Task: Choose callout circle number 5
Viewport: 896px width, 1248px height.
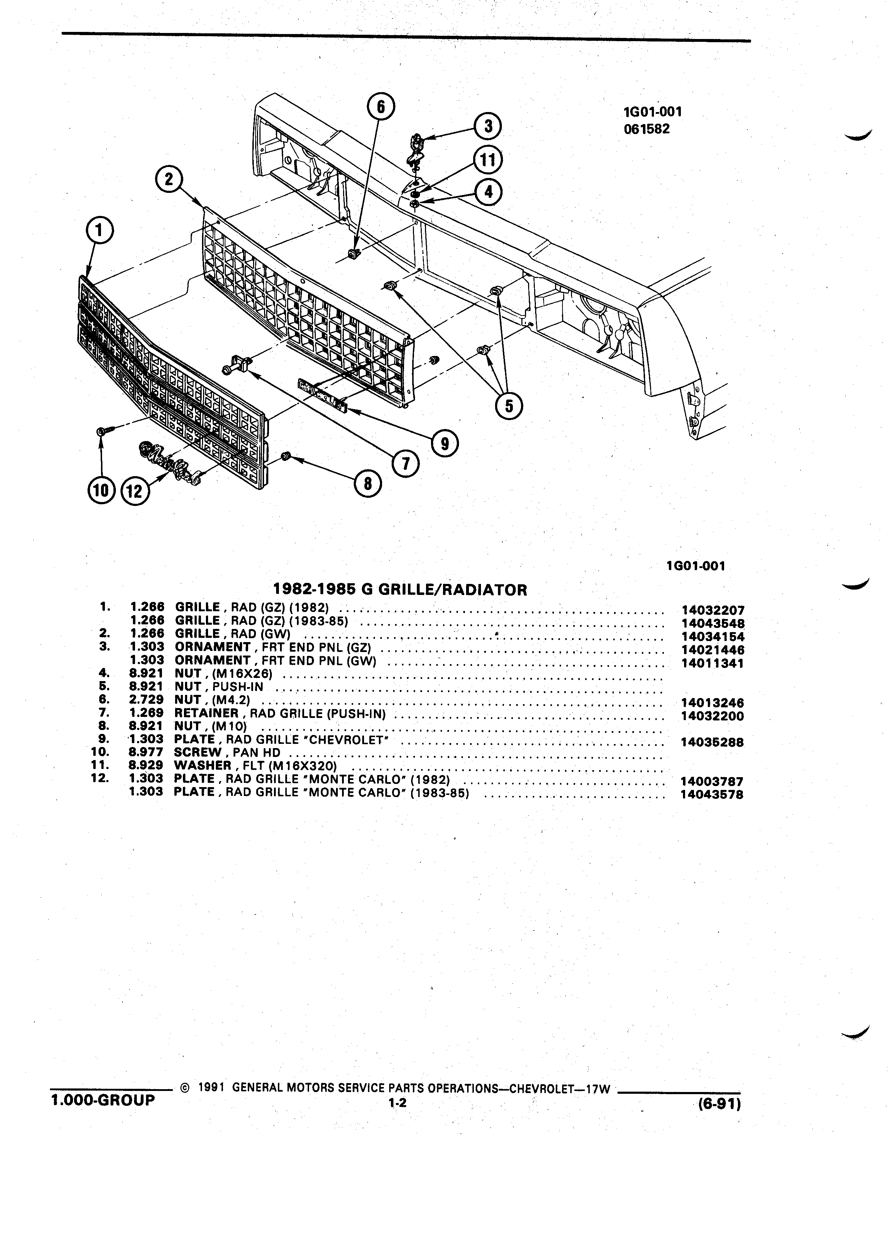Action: click(509, 406)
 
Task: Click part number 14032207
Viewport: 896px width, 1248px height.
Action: click(712, 610)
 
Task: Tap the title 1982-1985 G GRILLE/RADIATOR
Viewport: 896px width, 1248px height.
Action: click(401, 590)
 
